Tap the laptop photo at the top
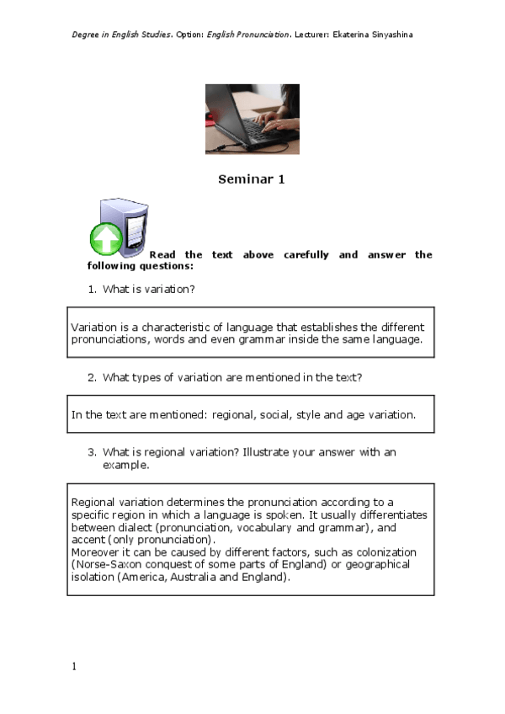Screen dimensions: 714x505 point(252,119)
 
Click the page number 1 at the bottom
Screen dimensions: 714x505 point(73,667)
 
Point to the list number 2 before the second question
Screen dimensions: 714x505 point(92,377)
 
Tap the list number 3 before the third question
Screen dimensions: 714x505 point(92,452)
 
